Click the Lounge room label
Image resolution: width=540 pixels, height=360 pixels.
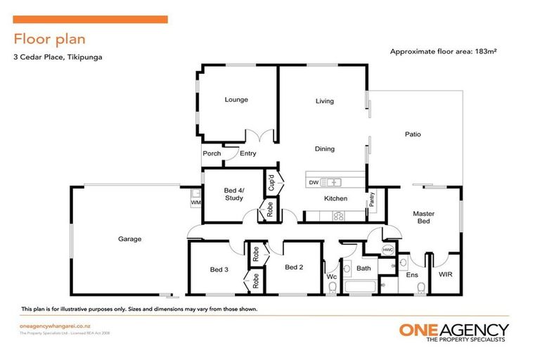(x=236, y=100)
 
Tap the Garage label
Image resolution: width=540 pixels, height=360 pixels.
(x=129, y=239)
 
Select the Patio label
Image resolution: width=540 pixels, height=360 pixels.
(x=413, y=134)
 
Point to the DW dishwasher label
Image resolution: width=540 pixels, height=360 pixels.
(x=314, y=182)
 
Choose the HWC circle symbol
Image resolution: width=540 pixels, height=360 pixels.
(x=387, y=250)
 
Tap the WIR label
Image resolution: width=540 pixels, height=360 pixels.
(x=445, y=274)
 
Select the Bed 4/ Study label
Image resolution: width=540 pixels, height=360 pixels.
(x=234, y=194)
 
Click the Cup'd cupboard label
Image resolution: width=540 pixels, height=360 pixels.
(x=271, y=184)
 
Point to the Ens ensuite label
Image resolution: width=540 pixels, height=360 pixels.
(x=413, y=274)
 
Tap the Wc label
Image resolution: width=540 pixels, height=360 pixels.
(x=332, y=277)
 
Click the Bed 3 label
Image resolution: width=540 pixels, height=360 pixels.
(x=219, y=269)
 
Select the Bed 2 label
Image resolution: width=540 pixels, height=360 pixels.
(x=294, y=267)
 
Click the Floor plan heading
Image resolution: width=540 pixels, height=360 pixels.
(x=50, y=39)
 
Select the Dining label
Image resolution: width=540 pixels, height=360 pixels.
(x=325, y=149)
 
